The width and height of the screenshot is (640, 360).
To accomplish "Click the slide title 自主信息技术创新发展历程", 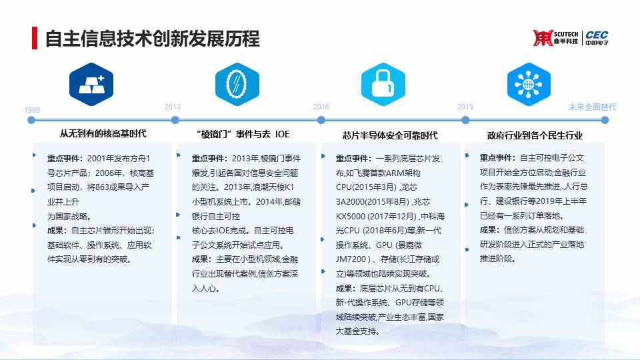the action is (152, 39).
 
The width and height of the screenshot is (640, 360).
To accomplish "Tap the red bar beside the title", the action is (35, 38).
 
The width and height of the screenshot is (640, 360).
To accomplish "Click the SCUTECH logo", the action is (555, 38).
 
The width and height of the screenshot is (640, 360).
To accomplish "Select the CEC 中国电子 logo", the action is (597, 38).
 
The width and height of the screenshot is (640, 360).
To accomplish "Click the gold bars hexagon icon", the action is (91, 85).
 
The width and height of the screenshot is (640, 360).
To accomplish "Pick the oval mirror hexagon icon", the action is (237, 85).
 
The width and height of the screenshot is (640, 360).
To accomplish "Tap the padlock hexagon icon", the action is (383, 85).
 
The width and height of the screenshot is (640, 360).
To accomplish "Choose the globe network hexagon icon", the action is (529, 85).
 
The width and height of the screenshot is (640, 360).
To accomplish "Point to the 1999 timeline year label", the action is (32, 110).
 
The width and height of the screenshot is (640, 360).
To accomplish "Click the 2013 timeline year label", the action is (172, 107).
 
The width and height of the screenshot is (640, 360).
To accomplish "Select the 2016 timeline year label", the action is (321, 107).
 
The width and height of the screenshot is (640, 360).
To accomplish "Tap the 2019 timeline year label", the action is (465, 107).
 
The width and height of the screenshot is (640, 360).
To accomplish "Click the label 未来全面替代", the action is (592, 107).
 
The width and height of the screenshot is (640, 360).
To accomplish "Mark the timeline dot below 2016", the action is (321, 120).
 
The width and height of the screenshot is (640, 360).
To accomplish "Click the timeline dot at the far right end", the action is (605, 120).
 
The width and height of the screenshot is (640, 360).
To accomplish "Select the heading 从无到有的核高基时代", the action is (103, 134).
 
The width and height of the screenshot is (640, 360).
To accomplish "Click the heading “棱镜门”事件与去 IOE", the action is (243, 134).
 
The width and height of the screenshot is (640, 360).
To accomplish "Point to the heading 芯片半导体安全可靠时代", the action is (390, 135).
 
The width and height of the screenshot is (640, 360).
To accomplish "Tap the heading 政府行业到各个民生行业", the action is (535, 135).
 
